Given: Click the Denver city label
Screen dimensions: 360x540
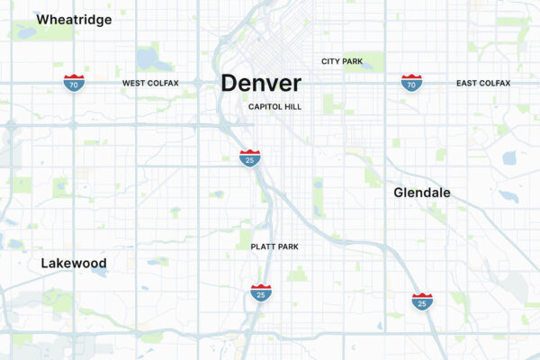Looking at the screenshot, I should pos(261,84).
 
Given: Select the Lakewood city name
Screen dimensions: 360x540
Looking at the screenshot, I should pos(74,264).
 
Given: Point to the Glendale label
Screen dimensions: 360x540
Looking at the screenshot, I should pos(422,193).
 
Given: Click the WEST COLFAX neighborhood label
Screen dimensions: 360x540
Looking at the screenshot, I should pos(150,84).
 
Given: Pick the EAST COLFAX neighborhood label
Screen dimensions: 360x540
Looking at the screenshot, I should pos(482,84).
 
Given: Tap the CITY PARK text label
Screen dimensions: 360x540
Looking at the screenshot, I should pos(342,61).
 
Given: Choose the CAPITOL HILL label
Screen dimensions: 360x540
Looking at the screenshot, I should pos(275,106).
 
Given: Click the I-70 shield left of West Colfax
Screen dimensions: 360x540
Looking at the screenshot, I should pos(75,83).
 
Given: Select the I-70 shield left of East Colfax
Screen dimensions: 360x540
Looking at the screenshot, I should pos(411,83).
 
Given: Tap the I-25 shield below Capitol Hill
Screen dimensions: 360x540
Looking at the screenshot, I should pos(250,158).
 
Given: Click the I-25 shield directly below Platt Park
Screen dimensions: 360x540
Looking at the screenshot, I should pos(261,292).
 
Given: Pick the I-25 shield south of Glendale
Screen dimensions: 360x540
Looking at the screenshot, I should pos(422,301).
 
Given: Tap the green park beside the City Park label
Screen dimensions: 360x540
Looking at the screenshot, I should pos(375,61).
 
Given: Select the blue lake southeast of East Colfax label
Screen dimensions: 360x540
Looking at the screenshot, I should pos(509,158).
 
